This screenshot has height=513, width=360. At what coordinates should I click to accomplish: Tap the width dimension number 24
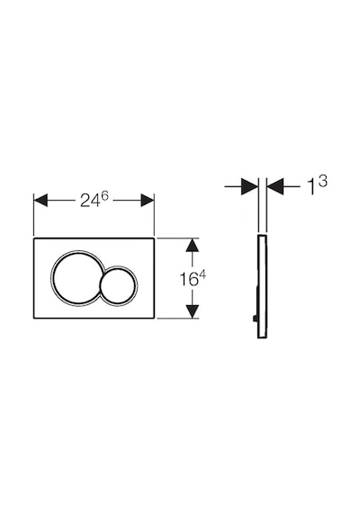point(89,201)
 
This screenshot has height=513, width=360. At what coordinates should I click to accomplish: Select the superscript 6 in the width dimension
point(104,196)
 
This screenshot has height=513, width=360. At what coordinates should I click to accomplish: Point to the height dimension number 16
point(189,279)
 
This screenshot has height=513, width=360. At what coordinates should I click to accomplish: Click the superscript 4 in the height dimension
point(202,274)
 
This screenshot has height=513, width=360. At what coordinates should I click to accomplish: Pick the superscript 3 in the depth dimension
point(323,181)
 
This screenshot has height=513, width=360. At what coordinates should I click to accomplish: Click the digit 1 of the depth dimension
point(312,187)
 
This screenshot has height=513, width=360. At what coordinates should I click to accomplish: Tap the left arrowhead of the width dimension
point(40,200)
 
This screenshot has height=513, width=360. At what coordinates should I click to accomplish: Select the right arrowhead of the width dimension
point(148,200)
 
